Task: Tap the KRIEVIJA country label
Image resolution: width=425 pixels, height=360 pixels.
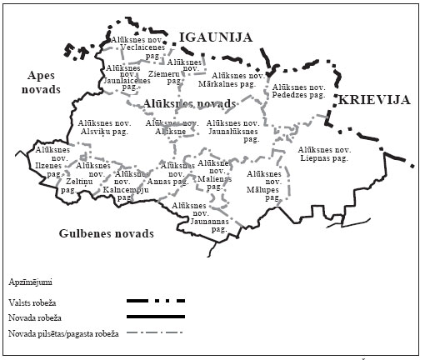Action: (374, 100)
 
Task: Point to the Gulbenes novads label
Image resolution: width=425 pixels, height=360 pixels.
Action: (107, 234)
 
